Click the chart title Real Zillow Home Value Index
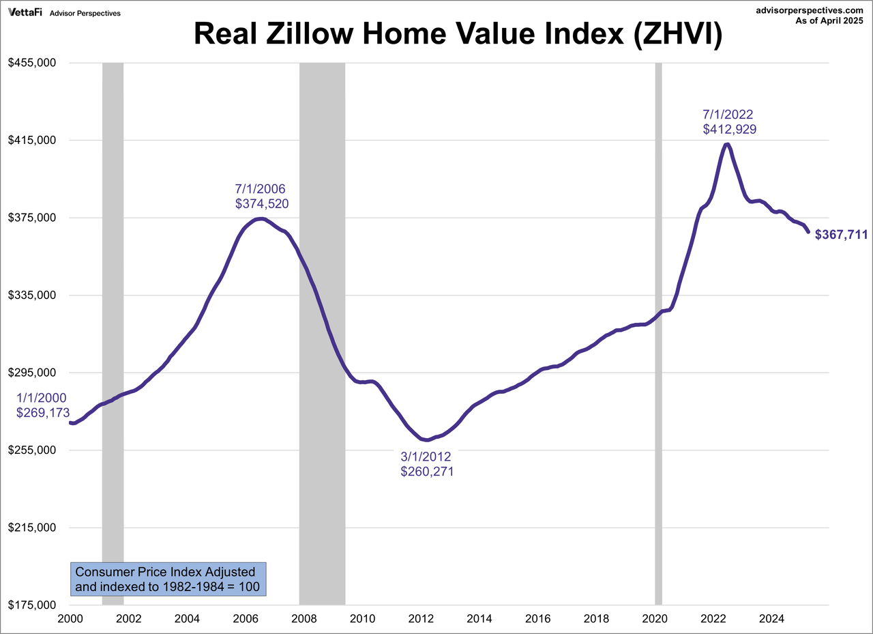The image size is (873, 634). pos(457,34)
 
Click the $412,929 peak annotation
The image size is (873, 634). pos(729,129)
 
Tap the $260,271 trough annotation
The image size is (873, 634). pos(427,471)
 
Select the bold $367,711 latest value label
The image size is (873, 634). pos(841,235)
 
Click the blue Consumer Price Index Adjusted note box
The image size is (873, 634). pos(168,579)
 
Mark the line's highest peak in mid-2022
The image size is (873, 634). pos(728,144)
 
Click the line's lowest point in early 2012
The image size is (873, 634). pos(426,440)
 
